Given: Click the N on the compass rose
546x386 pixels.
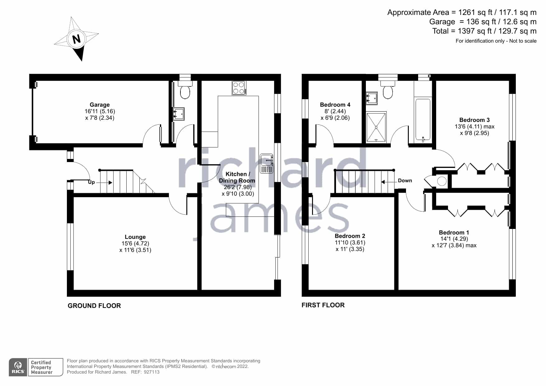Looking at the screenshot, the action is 77,39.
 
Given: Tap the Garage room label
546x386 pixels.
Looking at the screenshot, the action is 100,105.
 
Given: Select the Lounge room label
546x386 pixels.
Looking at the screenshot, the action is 135,237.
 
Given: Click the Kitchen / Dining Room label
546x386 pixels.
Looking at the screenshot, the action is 237,177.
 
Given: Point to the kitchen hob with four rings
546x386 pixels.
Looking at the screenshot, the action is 239,88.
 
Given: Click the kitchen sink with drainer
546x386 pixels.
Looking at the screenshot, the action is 266,163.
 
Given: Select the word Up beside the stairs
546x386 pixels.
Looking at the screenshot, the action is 91,182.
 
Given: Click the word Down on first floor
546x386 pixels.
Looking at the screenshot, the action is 405,181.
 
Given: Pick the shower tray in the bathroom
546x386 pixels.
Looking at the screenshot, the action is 376,127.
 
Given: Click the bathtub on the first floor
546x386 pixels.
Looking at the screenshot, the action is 423,120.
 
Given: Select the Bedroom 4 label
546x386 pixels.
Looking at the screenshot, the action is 335,105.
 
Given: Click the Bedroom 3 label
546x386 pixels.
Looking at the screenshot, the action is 474,120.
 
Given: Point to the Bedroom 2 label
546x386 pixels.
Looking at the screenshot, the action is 350,236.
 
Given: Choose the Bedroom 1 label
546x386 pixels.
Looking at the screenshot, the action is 454,233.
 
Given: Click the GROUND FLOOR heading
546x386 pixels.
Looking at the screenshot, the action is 94,306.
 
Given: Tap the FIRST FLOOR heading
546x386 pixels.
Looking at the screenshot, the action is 323,305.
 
